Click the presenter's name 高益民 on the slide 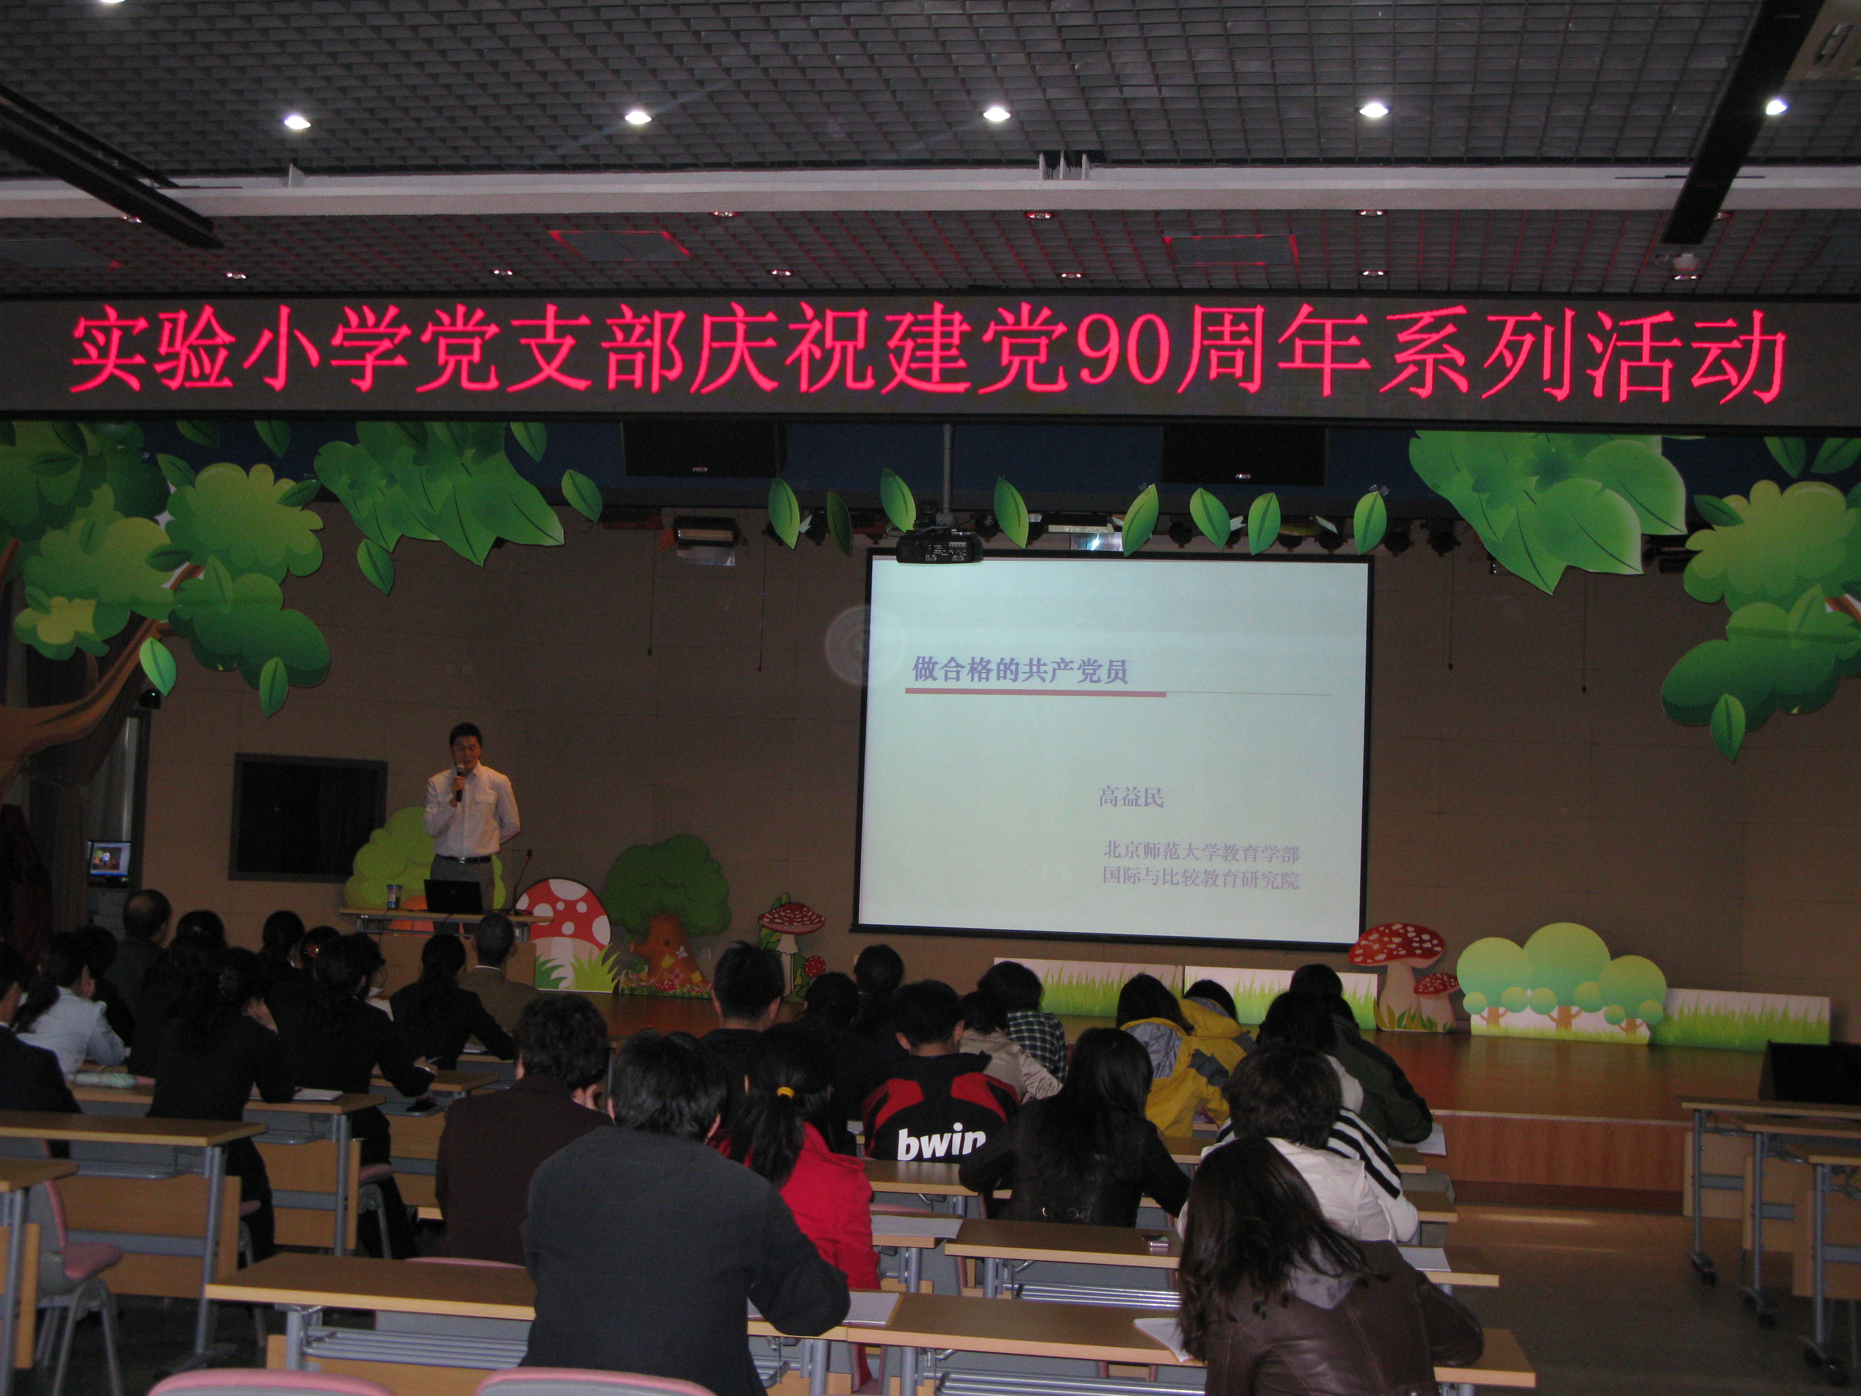pos(1131,796)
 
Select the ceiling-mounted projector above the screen pos(938,547)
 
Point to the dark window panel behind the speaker pos(309,815)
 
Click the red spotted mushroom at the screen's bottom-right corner pos(1397,968)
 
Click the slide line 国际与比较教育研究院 pos(1201,879)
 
